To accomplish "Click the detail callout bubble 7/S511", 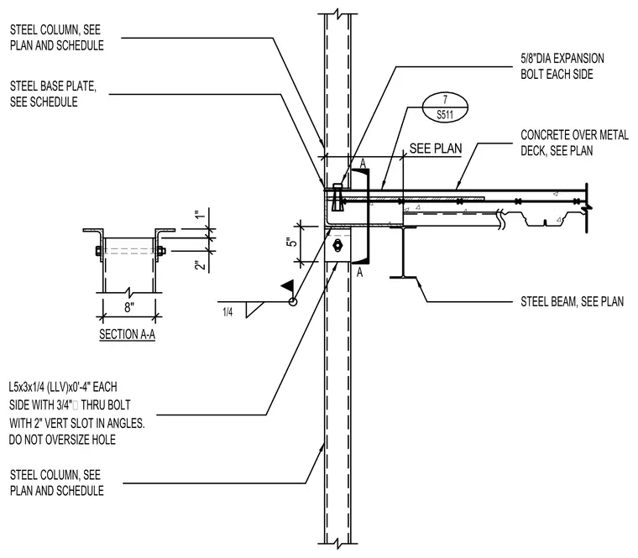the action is (445, 107).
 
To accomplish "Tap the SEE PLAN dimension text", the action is (436, 149).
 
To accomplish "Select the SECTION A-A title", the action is (127, 334).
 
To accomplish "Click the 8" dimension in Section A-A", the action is (129, 307).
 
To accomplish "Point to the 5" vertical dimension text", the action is (292, 242).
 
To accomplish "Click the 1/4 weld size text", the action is (227, 312).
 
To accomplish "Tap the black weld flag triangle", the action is (288, 285).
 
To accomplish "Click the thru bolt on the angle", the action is (337, 245).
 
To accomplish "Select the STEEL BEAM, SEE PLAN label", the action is (572, 301).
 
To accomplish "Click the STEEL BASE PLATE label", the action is (53, 94).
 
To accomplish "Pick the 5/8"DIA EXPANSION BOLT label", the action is (562, 66).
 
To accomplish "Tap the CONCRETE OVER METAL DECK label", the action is (574, 143).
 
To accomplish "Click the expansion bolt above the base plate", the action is (337, 197).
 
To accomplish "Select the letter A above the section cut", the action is (363, 164).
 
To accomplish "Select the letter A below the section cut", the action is (359, 272).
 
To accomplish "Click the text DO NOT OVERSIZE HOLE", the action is (62, 440).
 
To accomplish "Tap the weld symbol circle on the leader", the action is (292, 302).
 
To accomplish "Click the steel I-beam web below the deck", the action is (402, 253).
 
